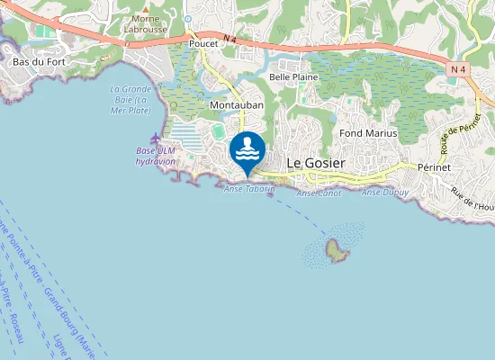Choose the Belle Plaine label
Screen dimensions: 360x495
[x=293, y=78]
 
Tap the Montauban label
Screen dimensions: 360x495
[x=236, y=105]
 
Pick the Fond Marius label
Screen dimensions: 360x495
[x=369, y=133]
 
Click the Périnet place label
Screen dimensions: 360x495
[x=439, y=167]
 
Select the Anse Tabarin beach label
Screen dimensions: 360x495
[x=249, y=189]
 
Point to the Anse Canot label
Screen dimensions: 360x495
[x=318, y=193]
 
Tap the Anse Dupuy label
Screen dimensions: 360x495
[x=384, y=193]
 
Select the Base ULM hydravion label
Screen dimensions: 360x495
[x=155, y=155]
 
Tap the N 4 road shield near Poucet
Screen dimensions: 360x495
[x=231, y=38]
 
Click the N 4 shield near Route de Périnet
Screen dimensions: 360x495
[x=459, y=68]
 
